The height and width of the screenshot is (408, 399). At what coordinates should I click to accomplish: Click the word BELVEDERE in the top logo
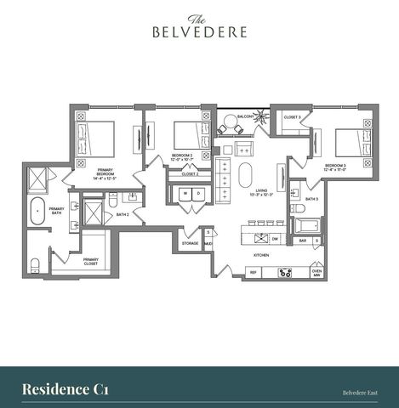pos(200,32)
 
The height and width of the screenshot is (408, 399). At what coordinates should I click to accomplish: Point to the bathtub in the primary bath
pos(37,212)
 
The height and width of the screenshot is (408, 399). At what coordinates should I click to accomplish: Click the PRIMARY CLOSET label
pos(90,262)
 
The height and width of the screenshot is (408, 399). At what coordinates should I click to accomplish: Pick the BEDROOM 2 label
pos(183,157)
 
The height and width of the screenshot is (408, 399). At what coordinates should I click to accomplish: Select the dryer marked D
pos(197,193)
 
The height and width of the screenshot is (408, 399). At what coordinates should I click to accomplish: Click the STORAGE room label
pos(190,243)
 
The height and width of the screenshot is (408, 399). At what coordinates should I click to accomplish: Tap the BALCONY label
pos(246,116)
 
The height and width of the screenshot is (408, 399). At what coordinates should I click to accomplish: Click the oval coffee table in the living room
pos(246,175)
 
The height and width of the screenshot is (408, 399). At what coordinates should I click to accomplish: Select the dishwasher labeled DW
pos(275,240)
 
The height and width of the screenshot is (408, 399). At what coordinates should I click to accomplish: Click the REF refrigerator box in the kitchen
pos(252,272)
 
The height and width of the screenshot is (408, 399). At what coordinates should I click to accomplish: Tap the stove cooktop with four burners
pos(286,272)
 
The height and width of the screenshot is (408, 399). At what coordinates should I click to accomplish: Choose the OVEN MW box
pos(316,273)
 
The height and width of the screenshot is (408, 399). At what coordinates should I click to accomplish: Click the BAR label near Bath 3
pos(302,241)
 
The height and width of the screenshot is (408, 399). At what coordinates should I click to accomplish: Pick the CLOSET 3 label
pos(292,116)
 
